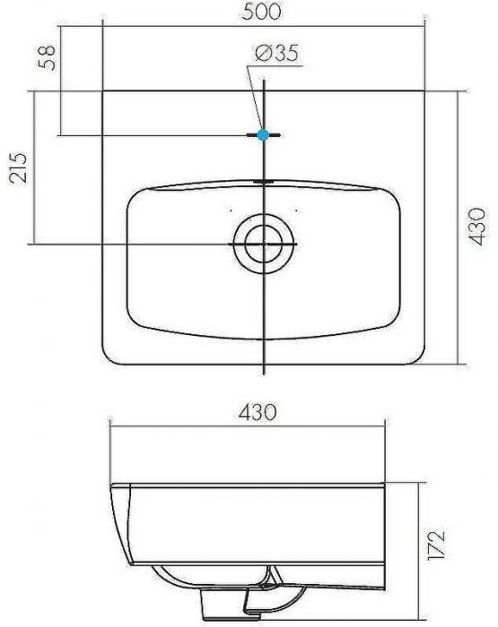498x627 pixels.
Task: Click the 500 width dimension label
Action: click(x=263, y=12)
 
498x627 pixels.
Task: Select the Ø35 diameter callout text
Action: click(x=276, y=56)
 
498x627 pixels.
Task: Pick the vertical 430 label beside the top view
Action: click(x=479, y=226)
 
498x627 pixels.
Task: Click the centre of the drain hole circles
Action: click(x=263, y=243)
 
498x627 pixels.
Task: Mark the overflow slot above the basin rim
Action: click(x=263, y=181)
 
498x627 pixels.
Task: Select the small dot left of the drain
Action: click(x=231, y=210)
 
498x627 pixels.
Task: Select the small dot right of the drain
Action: click(x=295, y=210)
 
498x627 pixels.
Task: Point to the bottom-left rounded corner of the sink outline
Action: click(x=112, y=355)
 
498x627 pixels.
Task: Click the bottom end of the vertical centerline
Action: click(x=263, y=371)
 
